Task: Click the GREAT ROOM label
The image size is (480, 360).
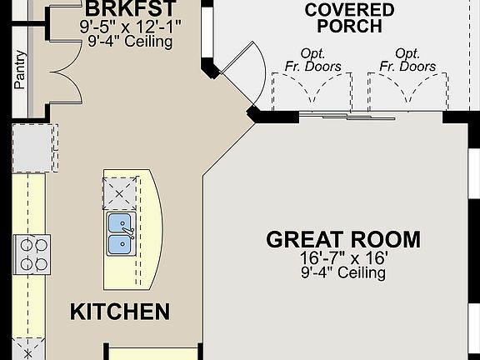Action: click(x=343, y=240)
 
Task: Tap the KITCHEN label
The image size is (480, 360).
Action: click(x=120, y=312)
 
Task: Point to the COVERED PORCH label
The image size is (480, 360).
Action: click(x=349, y=17)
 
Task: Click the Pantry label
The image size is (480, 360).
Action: click(x=20, y=71)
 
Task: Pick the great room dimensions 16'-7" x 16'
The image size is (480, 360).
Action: click(x=343, y=258)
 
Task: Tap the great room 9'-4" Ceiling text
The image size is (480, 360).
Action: click(x=343, y=272)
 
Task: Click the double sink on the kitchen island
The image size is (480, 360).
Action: click(x=122, y=233)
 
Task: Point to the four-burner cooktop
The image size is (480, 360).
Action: click(x=32, y=253)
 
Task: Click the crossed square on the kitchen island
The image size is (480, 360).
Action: click(x=118, y=195)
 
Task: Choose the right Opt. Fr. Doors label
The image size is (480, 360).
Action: click(x=407, y=59)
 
